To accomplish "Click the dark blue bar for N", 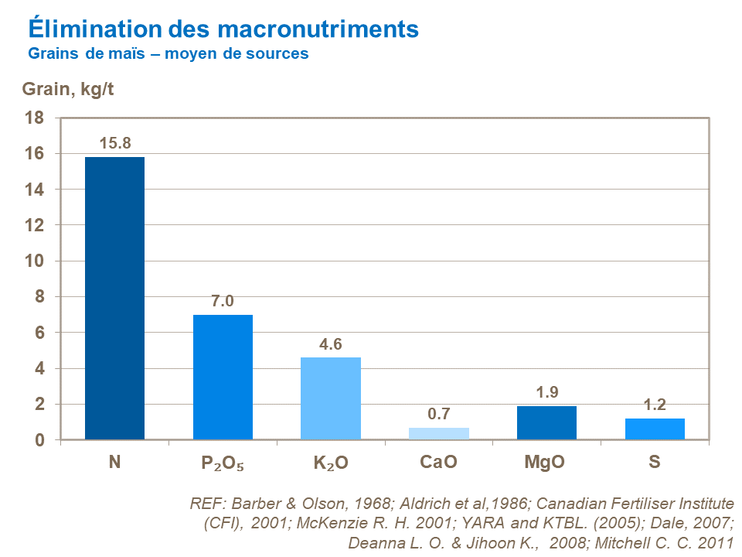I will [114, 298].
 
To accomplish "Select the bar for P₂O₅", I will [223, 377].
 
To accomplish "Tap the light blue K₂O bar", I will [331, 398].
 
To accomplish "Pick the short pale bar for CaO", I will [438, 433].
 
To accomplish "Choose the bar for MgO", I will [546, 422].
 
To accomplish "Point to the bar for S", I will [655, 429].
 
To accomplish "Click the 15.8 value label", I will [114, 143].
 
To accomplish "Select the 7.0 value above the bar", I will [223, 301].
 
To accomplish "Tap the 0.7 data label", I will [438, 414].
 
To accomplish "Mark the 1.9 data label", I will [546, 392].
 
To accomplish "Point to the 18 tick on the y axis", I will [37, 118].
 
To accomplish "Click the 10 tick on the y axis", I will [37, 261].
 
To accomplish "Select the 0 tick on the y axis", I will [41, 440].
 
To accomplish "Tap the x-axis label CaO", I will [438, 463].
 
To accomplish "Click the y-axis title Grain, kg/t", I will [67, 89].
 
